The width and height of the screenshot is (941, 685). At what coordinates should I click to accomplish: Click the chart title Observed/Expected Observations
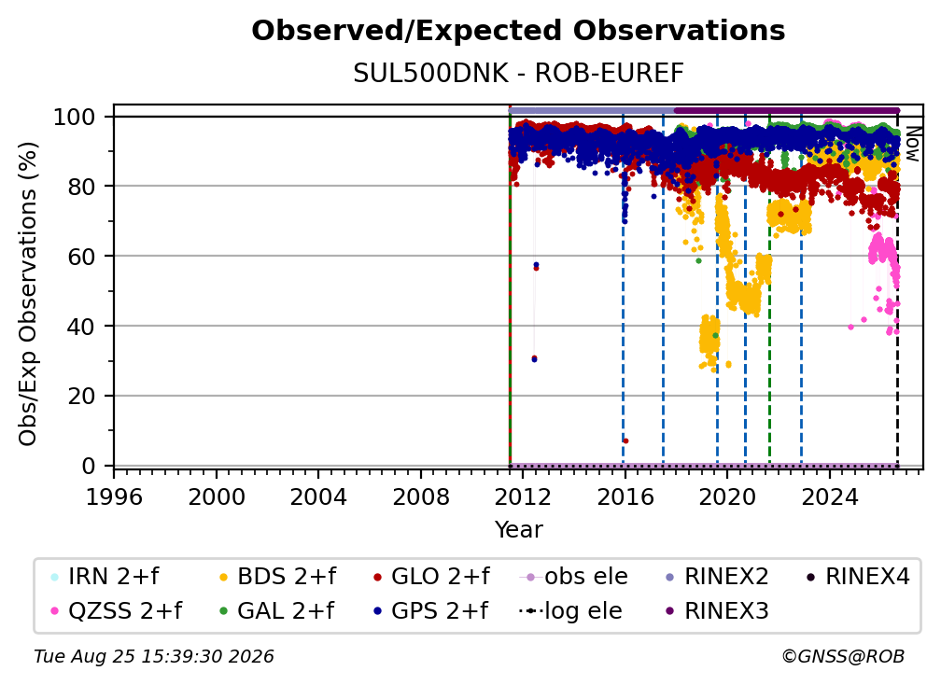(x=518, y=31)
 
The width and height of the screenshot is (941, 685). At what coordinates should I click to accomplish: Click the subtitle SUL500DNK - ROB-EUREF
(x=518, y=73)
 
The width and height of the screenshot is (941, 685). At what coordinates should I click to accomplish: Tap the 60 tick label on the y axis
(x=81, y=256)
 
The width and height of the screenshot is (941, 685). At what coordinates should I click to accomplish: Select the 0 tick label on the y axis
(x=89, y=466)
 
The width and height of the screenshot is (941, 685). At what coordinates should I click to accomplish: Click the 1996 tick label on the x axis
(x=114, y=496)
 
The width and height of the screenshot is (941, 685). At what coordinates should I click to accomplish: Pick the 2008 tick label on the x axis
(x=421, y=496)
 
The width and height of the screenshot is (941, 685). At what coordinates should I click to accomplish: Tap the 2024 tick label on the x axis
(x=829, y=496)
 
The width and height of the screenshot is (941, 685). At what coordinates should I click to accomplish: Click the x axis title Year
(x=518, y=529)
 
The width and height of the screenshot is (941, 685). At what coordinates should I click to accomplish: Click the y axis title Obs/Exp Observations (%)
(x=28, y=294)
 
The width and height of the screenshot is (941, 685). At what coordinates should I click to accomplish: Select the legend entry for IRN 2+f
(x=105, y=577)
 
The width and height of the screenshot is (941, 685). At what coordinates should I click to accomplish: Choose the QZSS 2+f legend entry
(x=117, y=610)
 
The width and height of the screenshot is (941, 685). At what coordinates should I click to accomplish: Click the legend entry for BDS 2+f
(x=278, y=577)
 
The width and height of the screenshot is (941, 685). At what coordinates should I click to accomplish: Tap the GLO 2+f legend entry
(x=431, y=577)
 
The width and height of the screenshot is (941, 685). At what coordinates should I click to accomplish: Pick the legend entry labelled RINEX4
(x=858, y=577)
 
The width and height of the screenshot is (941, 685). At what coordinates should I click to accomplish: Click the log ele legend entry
(x=570, y=610)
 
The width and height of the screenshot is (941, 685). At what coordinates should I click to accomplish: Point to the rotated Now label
(x=912, y=144)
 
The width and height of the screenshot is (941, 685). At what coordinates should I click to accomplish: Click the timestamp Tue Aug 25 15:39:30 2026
(x=154, y=656)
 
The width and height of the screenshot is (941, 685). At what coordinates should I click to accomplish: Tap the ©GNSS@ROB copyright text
(x=843, y=656)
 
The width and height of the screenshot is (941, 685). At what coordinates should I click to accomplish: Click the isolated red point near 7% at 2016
(x=625, y=440)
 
